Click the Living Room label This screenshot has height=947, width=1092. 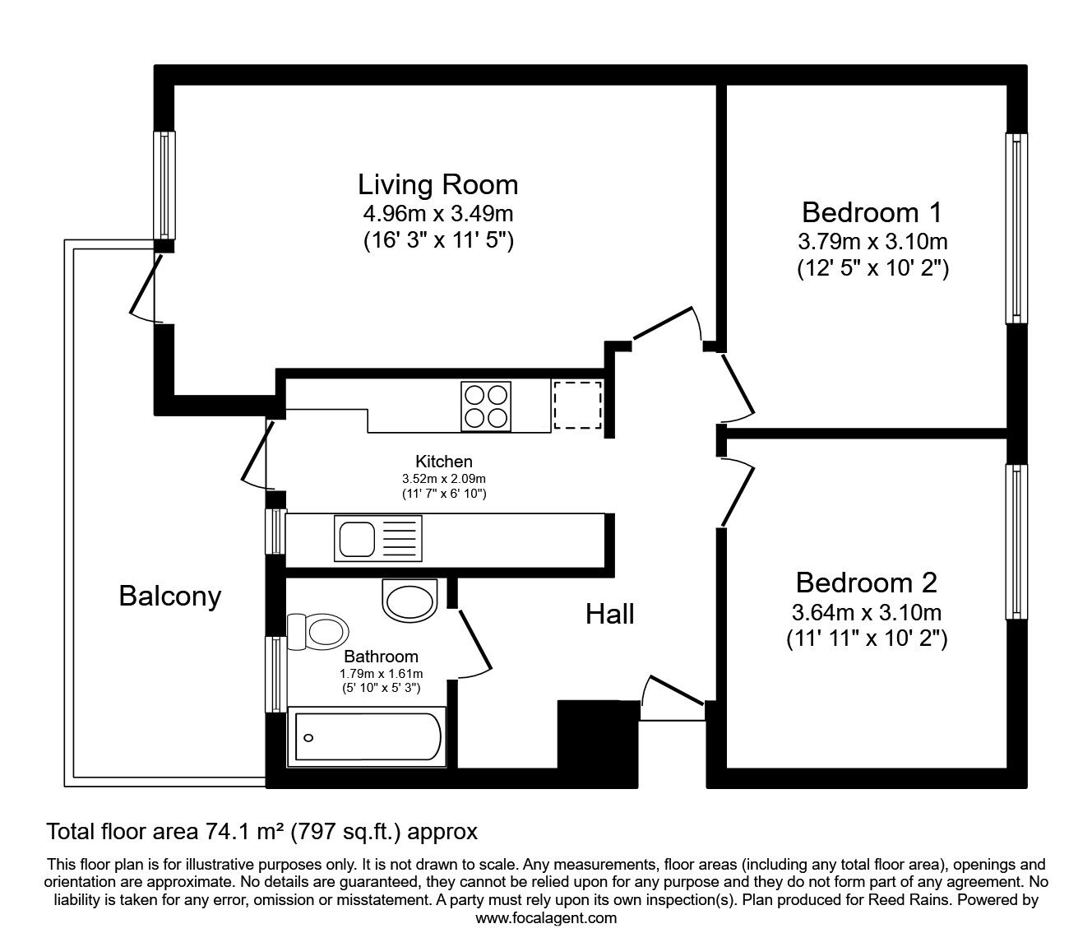point(437,183)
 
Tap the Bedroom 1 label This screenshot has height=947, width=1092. point(872,212)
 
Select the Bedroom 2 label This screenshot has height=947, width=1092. point(866,583)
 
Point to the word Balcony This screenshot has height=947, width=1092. point(170,595)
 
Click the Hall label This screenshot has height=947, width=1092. point(609,613)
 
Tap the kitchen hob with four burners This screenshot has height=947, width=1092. point(485,406)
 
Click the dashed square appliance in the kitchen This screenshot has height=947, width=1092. point(577,405)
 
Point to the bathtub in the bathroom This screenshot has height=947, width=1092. point(368,737)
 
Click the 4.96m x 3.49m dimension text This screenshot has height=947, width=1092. point(437,214)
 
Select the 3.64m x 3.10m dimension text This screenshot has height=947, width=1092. point(866,612)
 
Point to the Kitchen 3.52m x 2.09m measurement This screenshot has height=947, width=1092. point(443,478)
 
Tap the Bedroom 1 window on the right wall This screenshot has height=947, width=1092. point(1017,228)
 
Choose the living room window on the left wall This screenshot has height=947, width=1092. point(165,184)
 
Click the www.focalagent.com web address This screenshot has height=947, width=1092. point(546,918)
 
